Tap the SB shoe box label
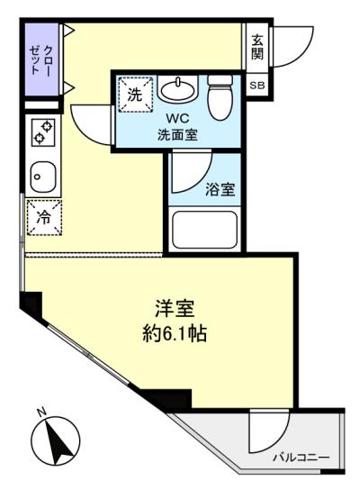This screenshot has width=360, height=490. [257, 86]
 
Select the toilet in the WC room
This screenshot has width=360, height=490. [220, 97]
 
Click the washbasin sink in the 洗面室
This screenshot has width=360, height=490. [177, 88]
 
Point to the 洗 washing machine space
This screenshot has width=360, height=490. [136, 94]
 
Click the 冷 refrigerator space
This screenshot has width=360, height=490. [44, 218]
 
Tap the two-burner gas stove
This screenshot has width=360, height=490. [43, 132]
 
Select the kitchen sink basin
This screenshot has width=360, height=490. [43, 177]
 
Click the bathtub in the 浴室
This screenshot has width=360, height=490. [204, 230]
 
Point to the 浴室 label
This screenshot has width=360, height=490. [220, 189]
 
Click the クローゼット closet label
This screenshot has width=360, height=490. [40, 60]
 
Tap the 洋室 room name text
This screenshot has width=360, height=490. [175, 308]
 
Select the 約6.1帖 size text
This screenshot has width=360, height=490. [175, 333]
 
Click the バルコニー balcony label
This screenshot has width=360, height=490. [301, 458]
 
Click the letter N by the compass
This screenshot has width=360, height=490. [41, 413]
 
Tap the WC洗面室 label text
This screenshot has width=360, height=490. [177, 127]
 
